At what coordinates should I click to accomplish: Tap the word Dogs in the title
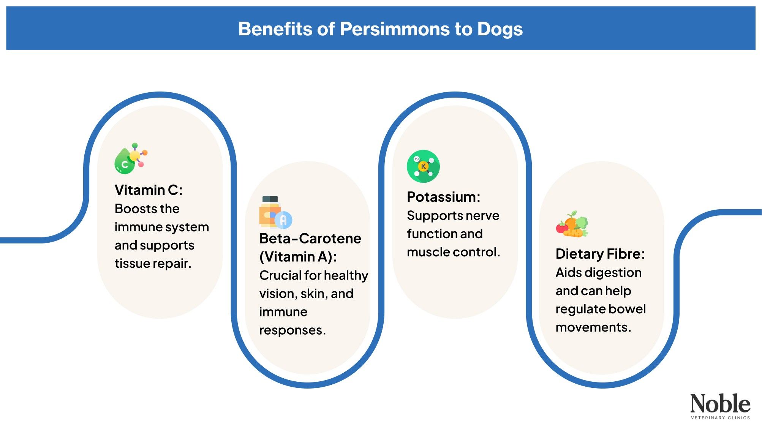coord(500,29)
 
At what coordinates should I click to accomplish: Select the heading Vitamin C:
coord(149,190)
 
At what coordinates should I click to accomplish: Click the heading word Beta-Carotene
coord(310,239)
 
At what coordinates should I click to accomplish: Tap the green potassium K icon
coord(423,166)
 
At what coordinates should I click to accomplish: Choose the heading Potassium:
coord(443,197)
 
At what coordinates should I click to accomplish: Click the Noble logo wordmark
coord(720,403)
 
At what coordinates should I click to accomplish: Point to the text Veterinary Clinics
coord(720,418)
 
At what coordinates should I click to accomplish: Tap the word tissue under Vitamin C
coord(131,263)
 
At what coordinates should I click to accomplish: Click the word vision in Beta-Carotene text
coord(277,294)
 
